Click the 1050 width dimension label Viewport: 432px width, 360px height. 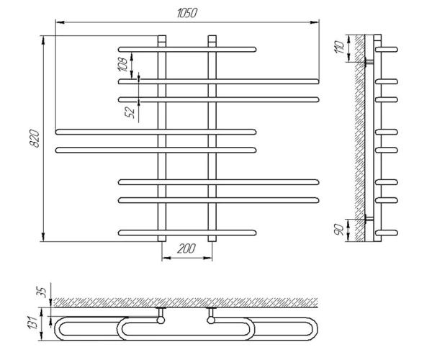(x=187, y=13)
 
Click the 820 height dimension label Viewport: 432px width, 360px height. (x=35, y=138)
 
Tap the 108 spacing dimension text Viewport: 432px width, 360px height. (x=122, y=65)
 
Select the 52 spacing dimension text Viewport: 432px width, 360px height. (x=130, y=112)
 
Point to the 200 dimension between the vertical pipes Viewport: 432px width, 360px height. (x=186, y=248)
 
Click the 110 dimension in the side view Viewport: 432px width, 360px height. (x=339, y=47)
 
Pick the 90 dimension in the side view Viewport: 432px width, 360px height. (x=339, y=230)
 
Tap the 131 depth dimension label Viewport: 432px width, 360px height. (x=32, y=323)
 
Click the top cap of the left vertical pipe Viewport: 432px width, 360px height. (x=162, y=38)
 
